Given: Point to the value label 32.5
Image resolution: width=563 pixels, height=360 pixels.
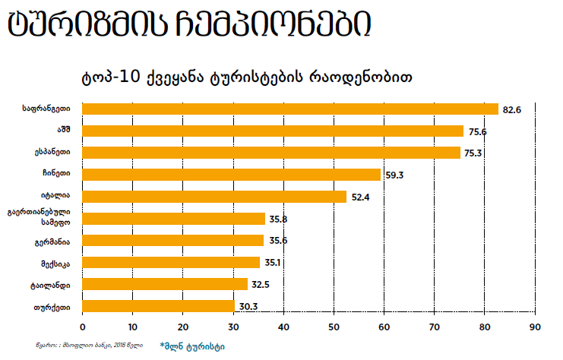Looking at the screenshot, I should click(x=261, y=286).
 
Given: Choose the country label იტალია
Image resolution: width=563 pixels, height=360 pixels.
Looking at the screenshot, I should click(x=59, y=197).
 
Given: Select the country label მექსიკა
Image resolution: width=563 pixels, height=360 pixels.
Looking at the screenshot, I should click(x=58, y=264).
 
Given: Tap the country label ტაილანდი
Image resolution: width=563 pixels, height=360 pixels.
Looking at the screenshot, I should click(x=55, y=286).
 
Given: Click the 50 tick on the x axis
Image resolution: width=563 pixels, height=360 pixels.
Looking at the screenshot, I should click(x=334, y=327).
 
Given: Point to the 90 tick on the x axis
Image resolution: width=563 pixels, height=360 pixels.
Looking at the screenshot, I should click(x=535, y=327).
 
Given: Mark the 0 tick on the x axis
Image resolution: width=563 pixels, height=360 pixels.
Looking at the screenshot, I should click(x=81, y=327).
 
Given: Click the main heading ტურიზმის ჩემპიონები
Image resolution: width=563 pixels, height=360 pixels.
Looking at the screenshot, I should click(x=190, y=25).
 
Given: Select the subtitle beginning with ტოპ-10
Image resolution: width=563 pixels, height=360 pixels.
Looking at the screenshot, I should click(x=247, y=77).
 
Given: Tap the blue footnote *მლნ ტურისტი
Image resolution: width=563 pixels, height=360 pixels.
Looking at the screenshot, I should click(x=191, y=346).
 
